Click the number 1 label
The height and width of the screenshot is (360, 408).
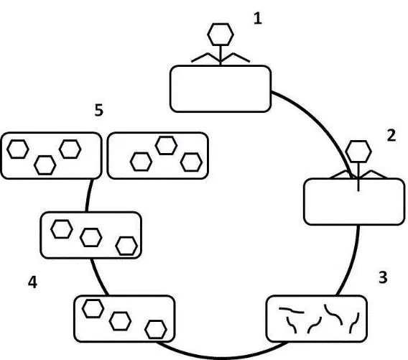tap(258, 19)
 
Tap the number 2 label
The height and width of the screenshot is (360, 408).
tap(391, 135)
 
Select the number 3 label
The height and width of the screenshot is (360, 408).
tap(383, 277)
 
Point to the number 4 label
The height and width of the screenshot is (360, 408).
tap(32, 282)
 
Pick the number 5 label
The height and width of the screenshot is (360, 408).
tap(99, 110)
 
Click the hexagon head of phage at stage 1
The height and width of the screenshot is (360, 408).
tap(221, 34)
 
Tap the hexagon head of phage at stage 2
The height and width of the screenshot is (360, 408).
tap(358, 151)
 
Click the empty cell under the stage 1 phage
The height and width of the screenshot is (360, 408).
tap(221, 89)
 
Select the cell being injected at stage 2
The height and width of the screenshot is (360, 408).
tap(354, 201)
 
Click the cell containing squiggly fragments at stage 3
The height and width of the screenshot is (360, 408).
tap(316, 318)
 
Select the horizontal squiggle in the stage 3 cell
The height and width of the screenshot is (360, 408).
tap(292, 310)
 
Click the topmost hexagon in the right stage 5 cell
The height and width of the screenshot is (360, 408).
tap(166, 146)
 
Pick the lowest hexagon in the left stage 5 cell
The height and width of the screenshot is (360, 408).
tap(45, 165)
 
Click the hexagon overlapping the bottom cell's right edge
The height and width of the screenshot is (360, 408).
tap(156, 330)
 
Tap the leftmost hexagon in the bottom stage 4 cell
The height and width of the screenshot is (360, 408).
tap(93, 308)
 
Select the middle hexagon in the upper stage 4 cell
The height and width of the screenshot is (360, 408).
tap(91, 237)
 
